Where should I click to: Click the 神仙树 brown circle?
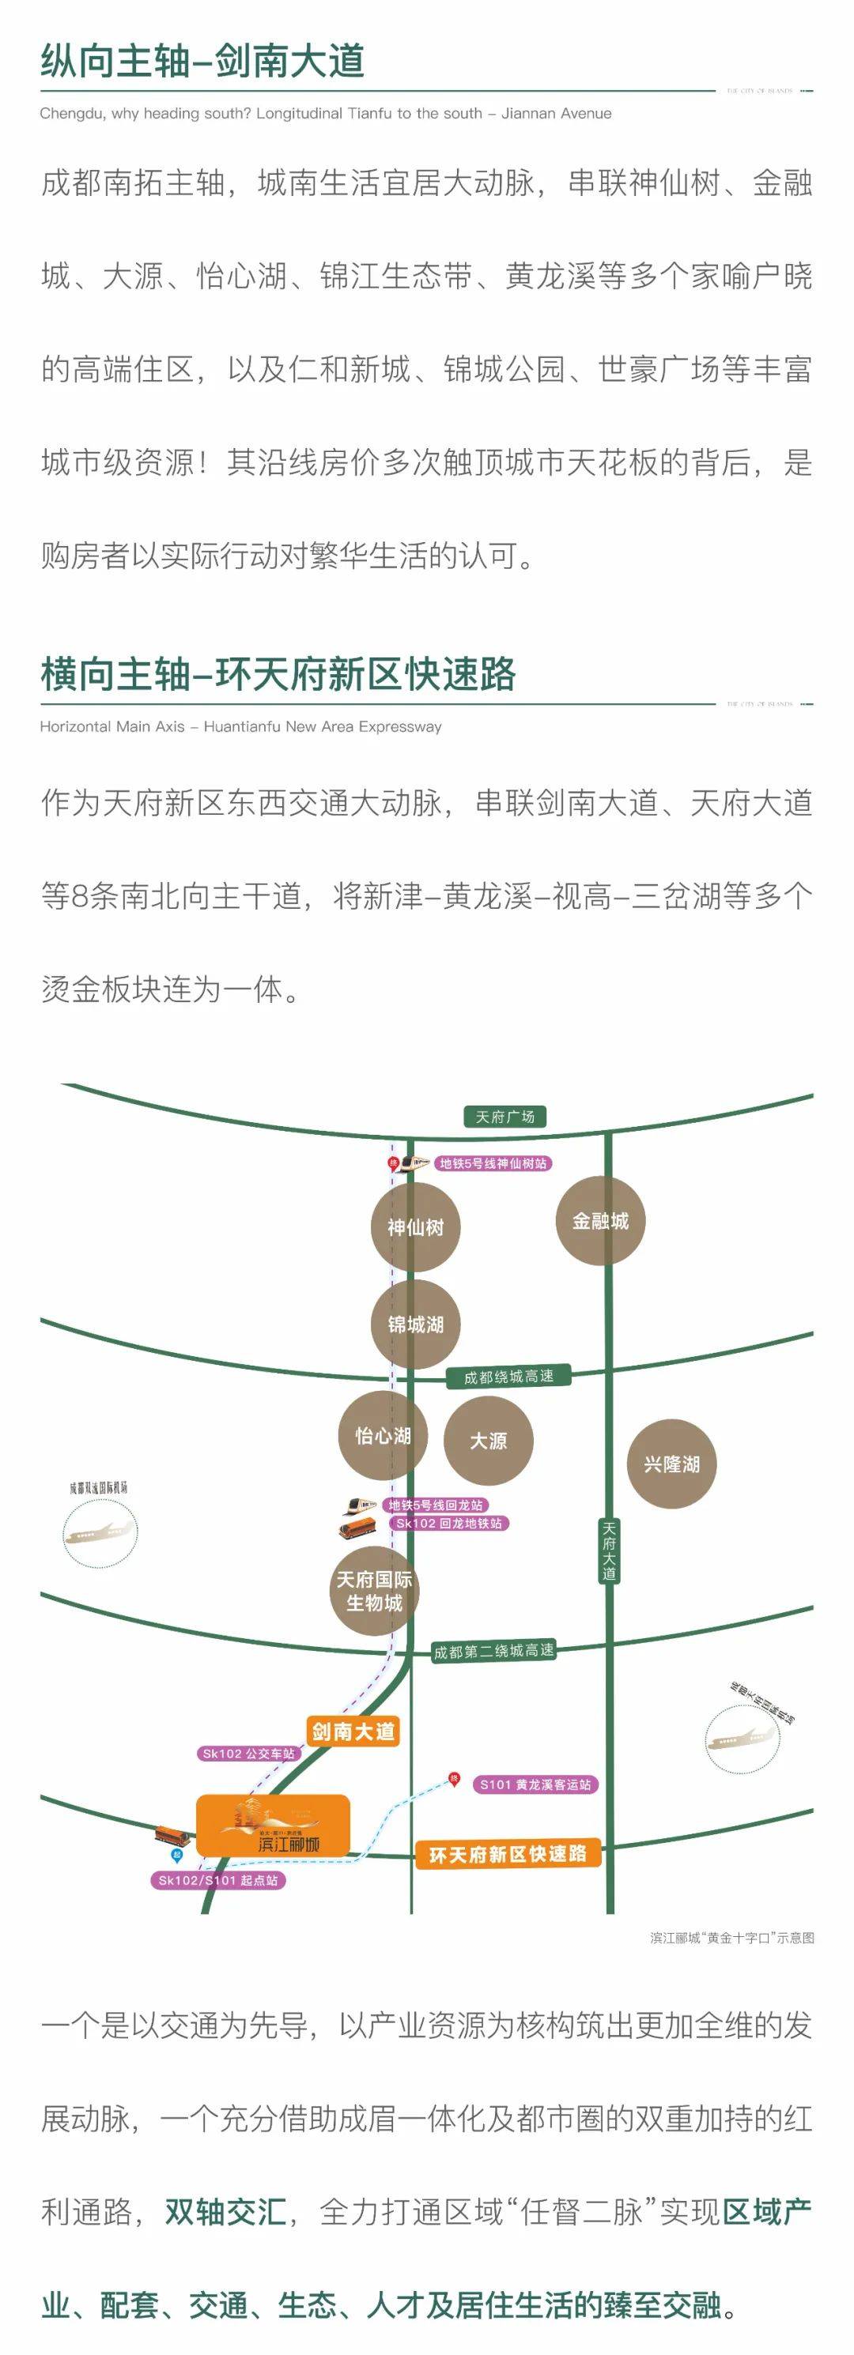tap(415, 1226)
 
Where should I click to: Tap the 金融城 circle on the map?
tap(601, 1220)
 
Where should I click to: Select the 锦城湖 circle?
tap(415, 1324)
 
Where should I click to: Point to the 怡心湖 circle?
tap(383, 1435)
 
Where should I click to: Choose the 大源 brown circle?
tap(488, 1441)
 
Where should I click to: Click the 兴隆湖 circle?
tap(672, 1464)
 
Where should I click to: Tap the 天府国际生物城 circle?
tap(374, 1592)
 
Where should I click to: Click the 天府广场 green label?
tap(504, 1116)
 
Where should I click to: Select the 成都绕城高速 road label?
tap(508, 1377)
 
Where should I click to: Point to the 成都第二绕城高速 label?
tap(493, 1651)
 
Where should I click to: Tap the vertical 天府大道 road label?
tap(609, 1551)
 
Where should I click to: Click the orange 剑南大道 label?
tap(353, 1731)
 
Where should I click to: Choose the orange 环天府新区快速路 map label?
tap(508, 1853)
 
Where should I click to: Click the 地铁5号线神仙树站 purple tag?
tap(493, 1162)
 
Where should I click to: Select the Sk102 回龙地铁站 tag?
tap(449, 1523)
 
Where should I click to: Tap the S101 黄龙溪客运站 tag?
tap(536, 1784)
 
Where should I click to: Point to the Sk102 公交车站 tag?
tap(249, 1754)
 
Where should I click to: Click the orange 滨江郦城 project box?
tap(273, 1826)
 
